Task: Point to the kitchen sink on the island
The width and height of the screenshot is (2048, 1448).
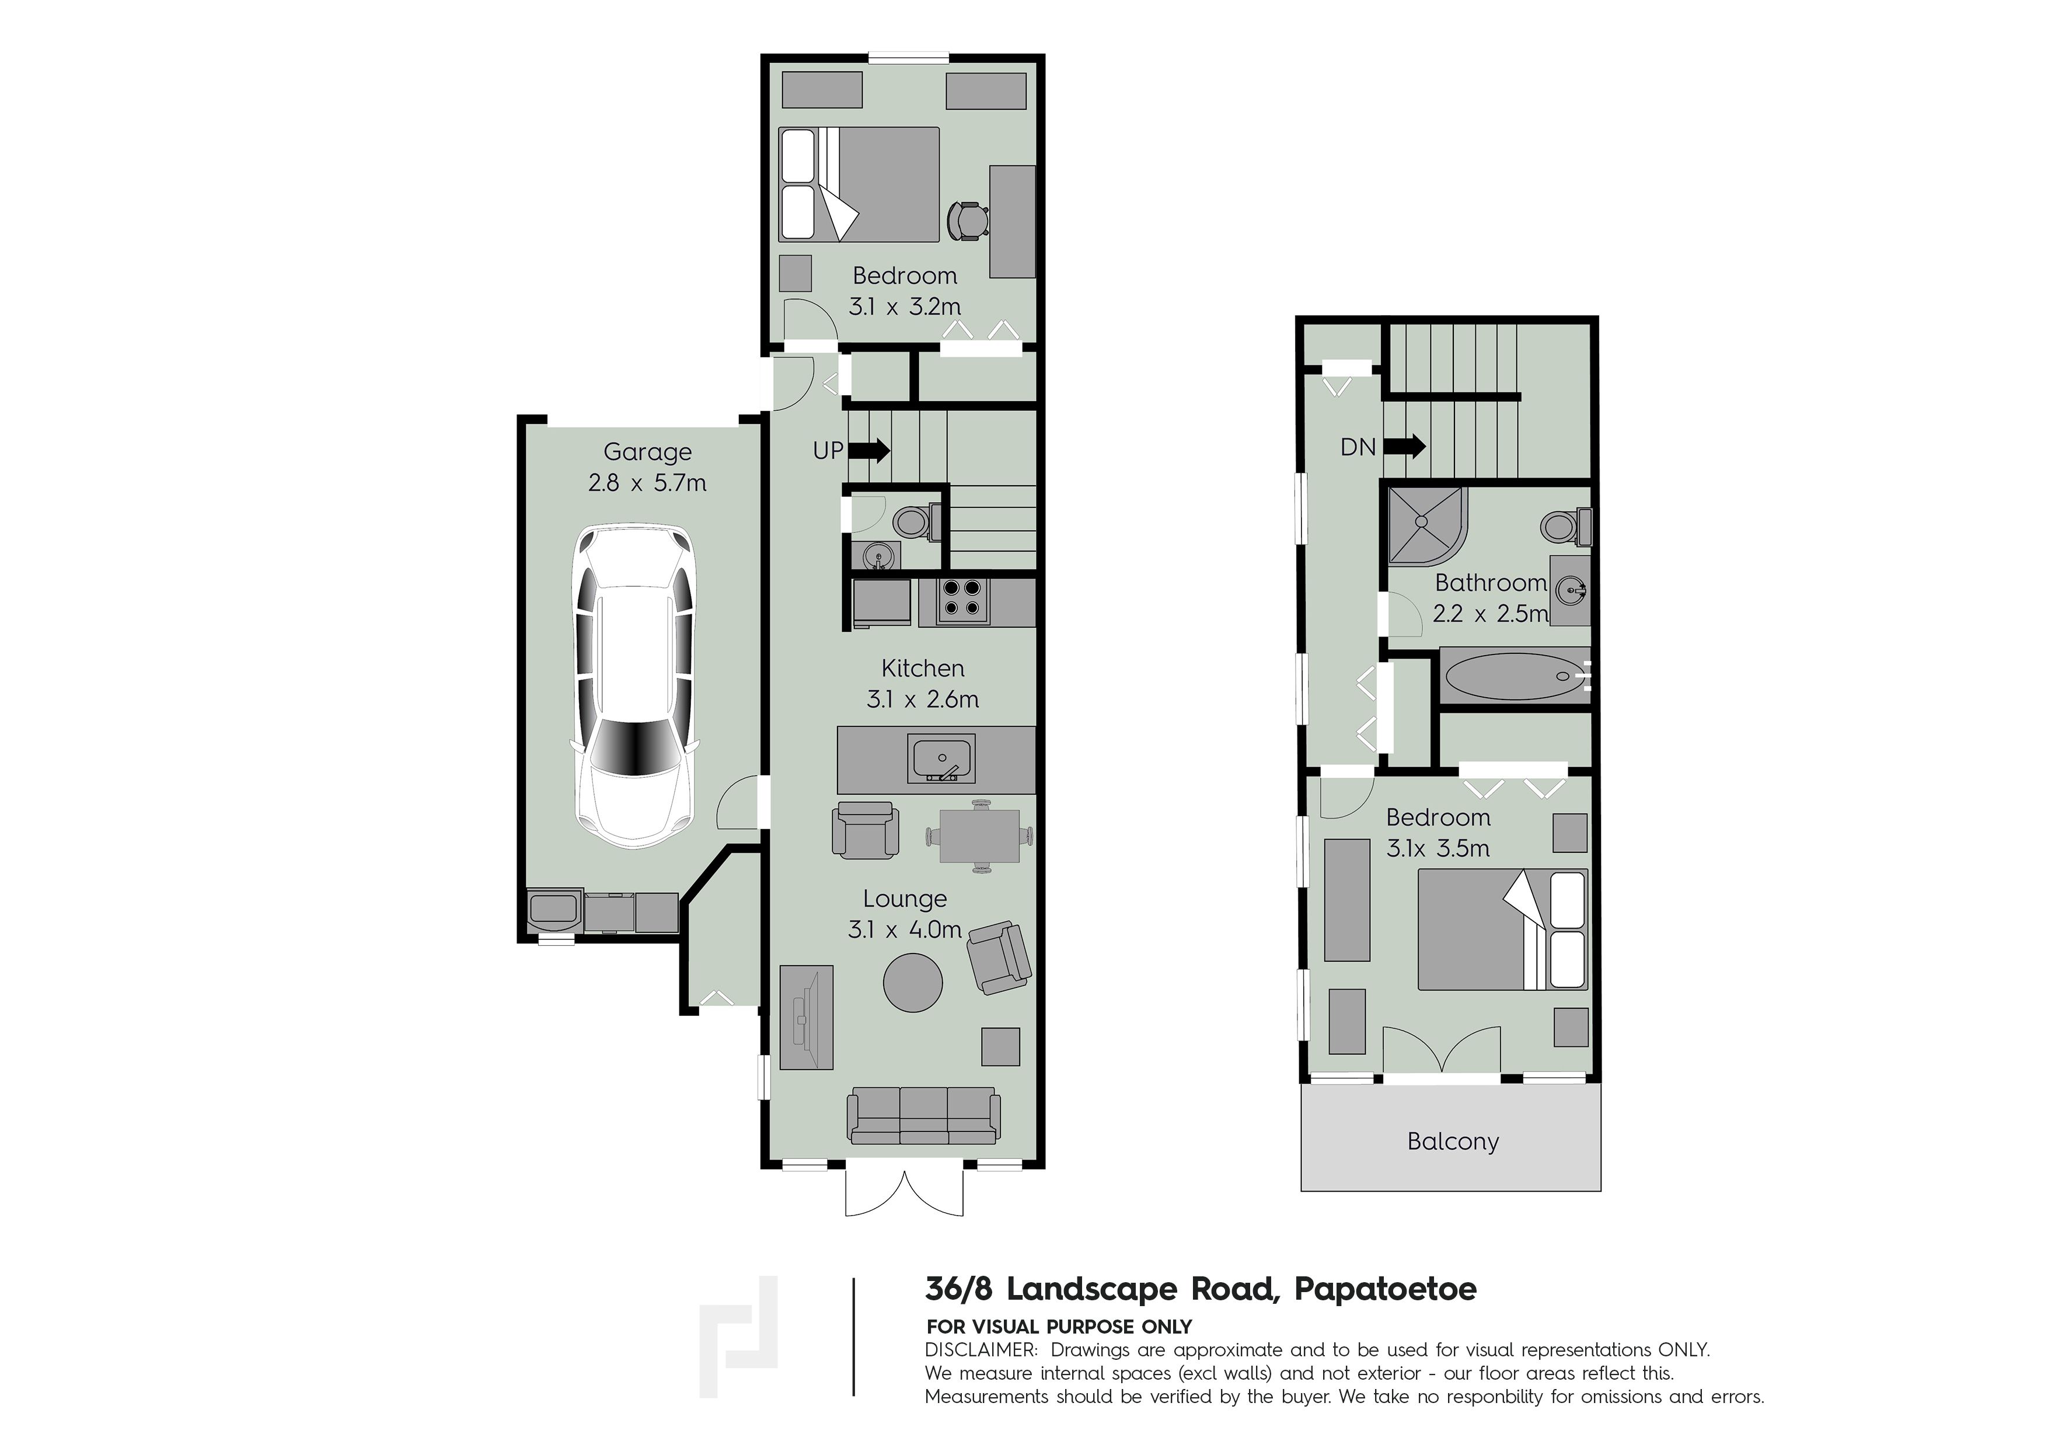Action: (x=943, y=757)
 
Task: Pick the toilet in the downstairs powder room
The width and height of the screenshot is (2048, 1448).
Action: (x=915, y=522)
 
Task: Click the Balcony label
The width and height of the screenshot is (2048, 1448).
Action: (x=1452, y=1141)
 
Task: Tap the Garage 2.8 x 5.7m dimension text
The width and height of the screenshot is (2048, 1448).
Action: (x=647, y=483)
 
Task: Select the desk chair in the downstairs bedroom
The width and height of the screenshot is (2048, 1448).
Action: (x=967, y=220)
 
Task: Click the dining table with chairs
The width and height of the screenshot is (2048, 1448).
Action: (x=979, y=836)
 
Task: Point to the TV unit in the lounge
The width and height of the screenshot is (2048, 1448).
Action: (x=807, y=1017)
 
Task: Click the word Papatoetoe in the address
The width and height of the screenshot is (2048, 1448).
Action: (x=1385, y=1289)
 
